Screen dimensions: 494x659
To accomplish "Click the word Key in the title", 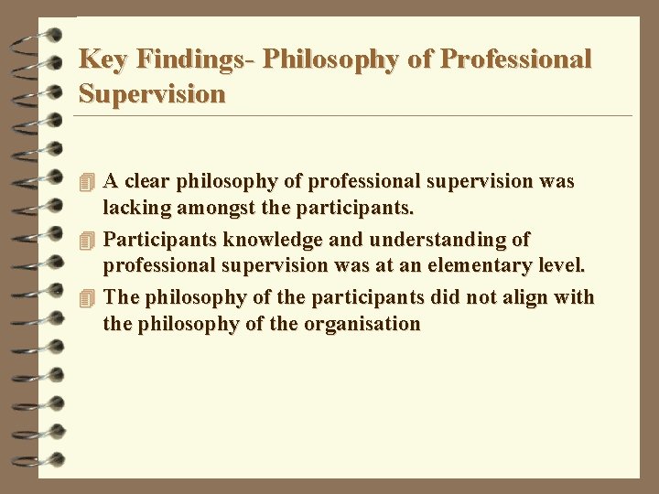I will click(98, 59).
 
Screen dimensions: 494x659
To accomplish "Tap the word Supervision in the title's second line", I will click(152, 94).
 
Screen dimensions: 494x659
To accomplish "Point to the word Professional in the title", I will click(516, 59).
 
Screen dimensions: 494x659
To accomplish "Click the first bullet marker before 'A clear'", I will click(87, 181).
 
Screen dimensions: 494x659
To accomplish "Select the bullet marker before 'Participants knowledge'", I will click(87, 240).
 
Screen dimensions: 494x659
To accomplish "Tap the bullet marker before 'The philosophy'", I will click(87, 297).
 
